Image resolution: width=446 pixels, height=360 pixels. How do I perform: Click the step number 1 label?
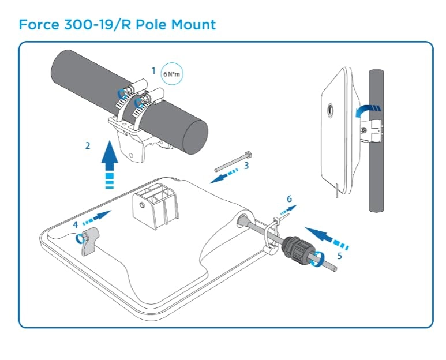coord(153,70)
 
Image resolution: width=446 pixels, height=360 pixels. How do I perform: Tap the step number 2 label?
coord(88,146)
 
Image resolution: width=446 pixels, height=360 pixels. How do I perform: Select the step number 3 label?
coord(246,166)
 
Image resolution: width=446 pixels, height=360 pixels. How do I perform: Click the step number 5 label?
coord(339,255)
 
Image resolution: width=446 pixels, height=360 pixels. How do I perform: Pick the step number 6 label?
coord(290,198)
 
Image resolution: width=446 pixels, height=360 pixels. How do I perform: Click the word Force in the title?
coord(39,25)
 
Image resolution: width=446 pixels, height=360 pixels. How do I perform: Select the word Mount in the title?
coord(195,25)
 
